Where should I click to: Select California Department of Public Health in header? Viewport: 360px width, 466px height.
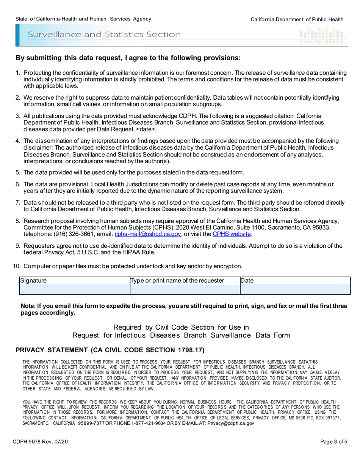tap(297, 19)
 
